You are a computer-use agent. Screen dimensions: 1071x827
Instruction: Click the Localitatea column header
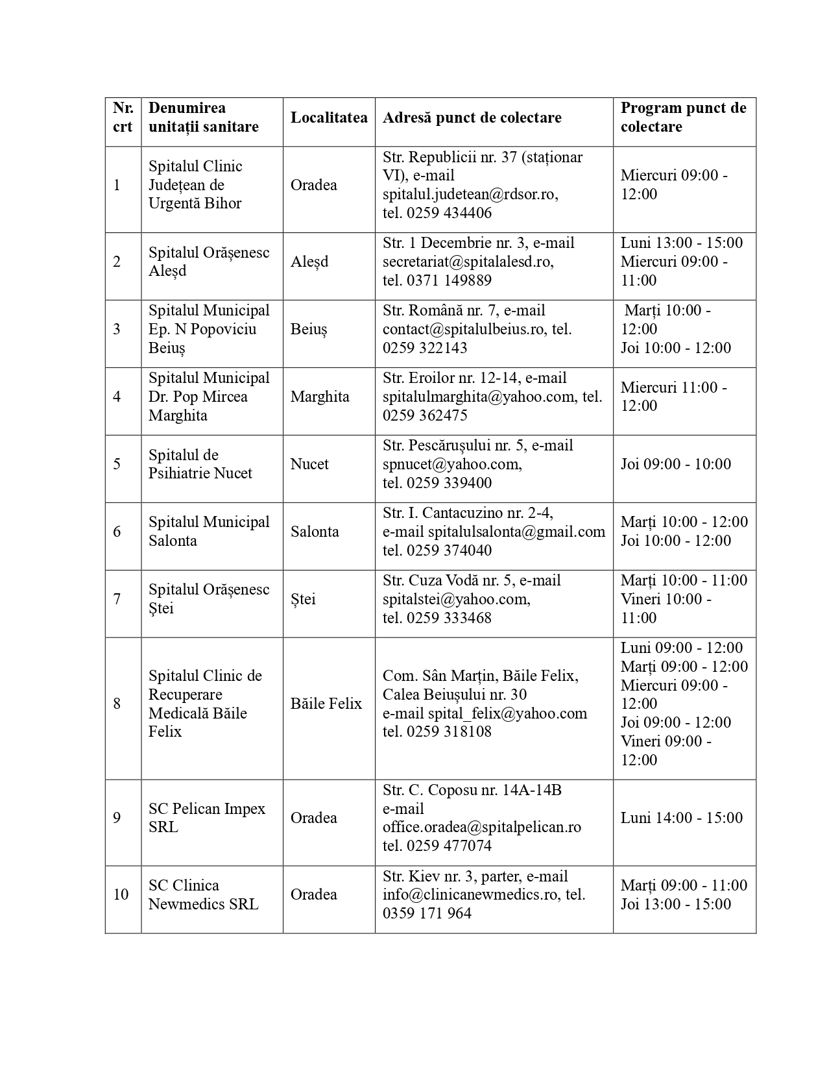329,117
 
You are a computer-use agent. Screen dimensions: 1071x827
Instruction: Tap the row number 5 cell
117,464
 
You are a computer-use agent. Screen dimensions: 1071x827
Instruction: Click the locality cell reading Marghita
320,397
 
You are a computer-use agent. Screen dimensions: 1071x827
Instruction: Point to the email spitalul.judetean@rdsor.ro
470,194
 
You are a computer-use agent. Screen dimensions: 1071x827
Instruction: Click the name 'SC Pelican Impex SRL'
207,818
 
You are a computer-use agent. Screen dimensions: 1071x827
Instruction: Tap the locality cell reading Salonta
315,532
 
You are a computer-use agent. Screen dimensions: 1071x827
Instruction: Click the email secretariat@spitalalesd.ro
468,262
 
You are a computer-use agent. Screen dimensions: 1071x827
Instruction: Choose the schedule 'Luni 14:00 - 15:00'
682,818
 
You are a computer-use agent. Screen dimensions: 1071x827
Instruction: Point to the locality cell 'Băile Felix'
326,704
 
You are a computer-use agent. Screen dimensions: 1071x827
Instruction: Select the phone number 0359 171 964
427,913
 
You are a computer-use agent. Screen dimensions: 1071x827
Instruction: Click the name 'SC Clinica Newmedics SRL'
203,894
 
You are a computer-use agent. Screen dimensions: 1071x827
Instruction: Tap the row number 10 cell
121,894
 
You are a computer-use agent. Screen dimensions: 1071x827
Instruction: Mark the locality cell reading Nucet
309,464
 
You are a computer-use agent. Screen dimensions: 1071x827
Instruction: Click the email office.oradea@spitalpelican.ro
482,827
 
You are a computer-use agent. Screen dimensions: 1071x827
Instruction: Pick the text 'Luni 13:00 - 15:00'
682,243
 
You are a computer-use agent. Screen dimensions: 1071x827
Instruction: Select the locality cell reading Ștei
303,599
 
